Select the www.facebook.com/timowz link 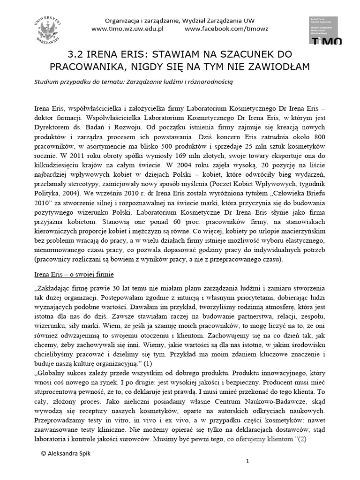click(x=226, y=29)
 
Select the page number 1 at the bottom click(x=247, y=462)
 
